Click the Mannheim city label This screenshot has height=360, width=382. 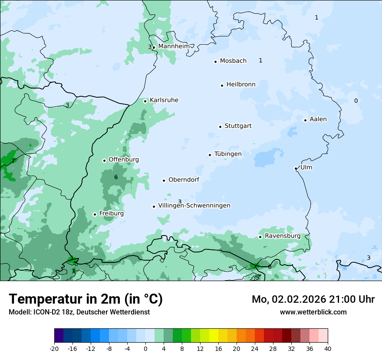174,46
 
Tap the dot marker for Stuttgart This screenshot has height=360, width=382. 220,127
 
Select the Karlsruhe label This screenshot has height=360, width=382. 164,100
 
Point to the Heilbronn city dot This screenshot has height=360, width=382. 222,85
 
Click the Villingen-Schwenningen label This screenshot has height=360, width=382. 194,206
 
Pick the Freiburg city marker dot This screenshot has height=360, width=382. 95,214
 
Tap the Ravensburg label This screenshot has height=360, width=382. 283,236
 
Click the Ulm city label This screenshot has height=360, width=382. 306,167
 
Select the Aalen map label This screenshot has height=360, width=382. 318,119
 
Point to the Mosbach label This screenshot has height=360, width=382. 233,61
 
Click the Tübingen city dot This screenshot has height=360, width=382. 210,155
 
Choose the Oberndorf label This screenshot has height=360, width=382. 184,180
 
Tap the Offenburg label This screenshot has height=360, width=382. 124,160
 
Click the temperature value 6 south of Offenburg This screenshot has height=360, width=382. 116,177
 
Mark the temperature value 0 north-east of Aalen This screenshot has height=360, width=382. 356,101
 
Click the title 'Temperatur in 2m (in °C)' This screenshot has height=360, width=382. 86,299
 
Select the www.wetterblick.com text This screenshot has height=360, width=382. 313,312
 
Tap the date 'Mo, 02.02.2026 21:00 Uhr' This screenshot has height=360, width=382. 313,299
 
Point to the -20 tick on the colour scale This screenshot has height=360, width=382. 54,348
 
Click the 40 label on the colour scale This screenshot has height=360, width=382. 327,348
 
